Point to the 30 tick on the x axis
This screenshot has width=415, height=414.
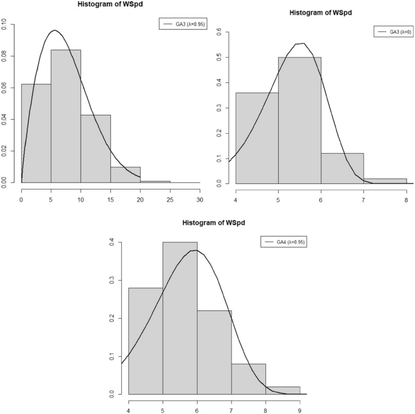pyautogui.click(x=200, y=191)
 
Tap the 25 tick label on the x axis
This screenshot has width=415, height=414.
pyautogui.click(x=170, y=191)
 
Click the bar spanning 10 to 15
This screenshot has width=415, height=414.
pyautogui.click(x=95, y=148)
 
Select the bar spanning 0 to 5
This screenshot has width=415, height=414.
pyautogui.click(x=36, y=133)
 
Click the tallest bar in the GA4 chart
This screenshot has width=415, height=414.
pyautogui.click(x=180, y=318)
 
